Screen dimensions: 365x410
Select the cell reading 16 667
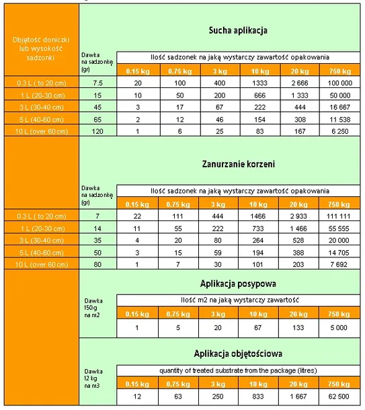point(337,106)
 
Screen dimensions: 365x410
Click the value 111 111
point(337,216)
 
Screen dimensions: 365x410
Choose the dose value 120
point(98,130)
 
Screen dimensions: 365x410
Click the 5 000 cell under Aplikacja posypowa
point(337,329)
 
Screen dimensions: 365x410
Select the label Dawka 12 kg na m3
point(95,376)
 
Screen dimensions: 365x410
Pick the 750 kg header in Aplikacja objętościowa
point(337,383)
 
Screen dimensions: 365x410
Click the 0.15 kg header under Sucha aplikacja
point(137,71)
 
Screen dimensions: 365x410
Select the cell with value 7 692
point(337,264)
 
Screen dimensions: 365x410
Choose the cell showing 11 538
point(337,118)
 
